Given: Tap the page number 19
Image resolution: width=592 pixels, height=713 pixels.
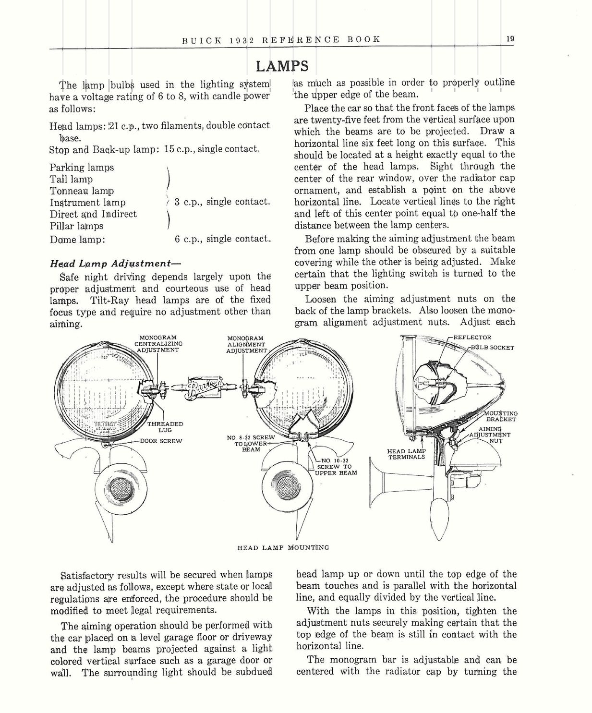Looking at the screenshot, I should coord(510,39).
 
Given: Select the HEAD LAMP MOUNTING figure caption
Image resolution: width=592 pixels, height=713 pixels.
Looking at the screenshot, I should coord(283,547).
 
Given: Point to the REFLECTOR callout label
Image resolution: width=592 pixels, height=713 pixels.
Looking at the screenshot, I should coord(472,338).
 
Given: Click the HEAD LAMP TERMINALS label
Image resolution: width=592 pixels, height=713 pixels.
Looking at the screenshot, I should coord(406,454).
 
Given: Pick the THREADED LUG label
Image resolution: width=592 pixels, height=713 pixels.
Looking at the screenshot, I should coord(165,427).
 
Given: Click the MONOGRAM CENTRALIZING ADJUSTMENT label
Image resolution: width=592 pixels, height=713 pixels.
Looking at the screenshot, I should coord(158,344).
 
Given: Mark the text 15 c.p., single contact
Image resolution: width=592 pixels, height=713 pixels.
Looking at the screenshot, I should coord(212,149).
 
